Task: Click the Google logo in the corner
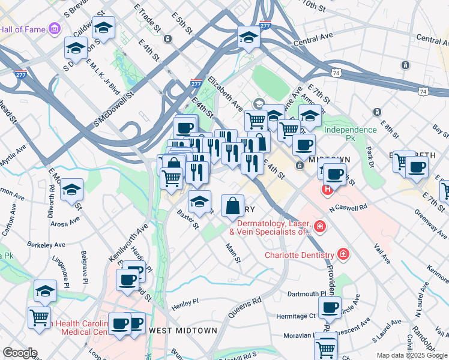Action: click(x=20, y=353)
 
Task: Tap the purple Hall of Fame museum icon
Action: click(x=55, y=28)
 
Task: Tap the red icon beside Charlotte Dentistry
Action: click(x=343, y=254)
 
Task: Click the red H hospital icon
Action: click(x=327, y=191)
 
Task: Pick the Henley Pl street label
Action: click(x=185, y=302)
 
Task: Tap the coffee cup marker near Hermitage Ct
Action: click(x=329, y=308)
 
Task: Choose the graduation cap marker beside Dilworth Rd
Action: click(x=72, y=191)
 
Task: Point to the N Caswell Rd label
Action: click(x=348, y=208)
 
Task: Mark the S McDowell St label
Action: click(x=112, y=109)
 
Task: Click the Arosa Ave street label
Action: click(x=65, y=221)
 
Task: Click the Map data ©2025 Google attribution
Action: click(x=411, y=355)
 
